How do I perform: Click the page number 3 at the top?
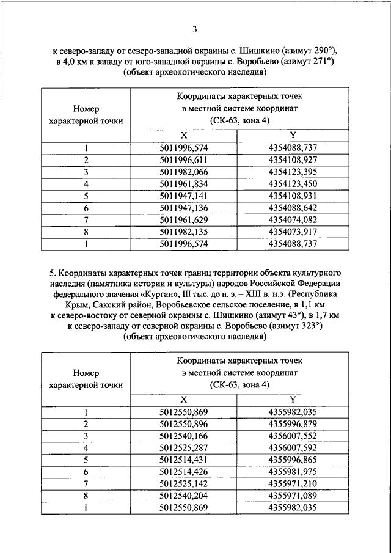194,28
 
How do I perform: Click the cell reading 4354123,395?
293,172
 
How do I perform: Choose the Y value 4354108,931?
293,196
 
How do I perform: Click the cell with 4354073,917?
293,232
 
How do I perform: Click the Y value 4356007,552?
293,436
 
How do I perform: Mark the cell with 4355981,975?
293,472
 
